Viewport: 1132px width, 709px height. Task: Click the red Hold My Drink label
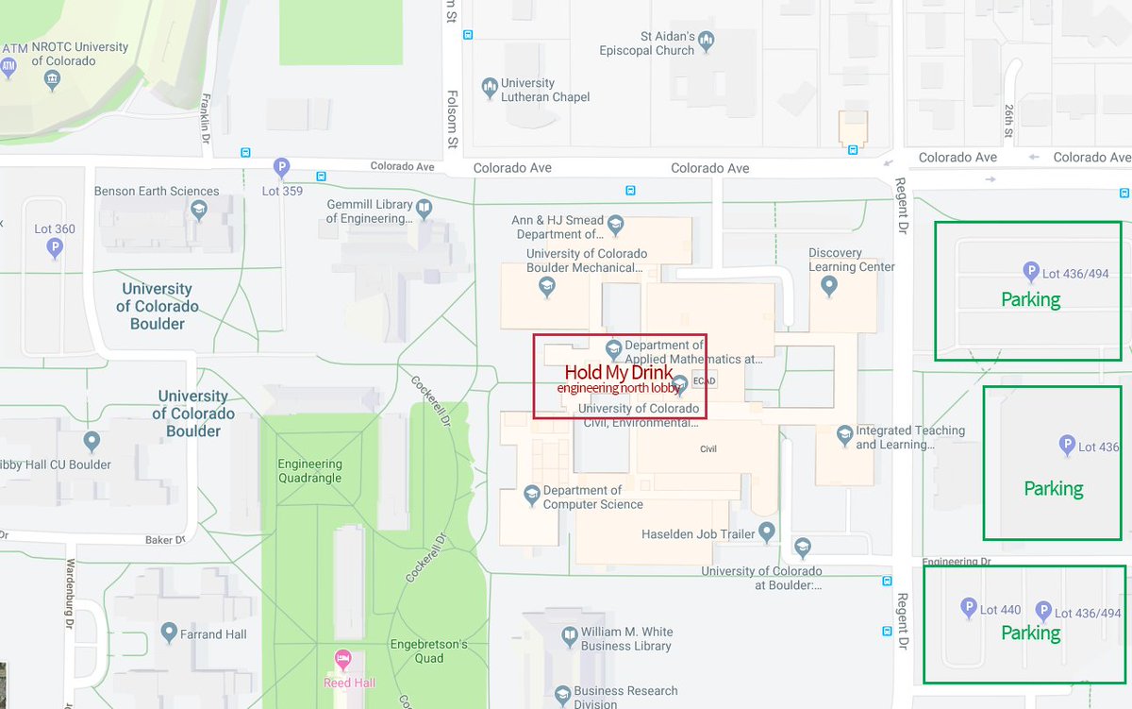pyautogui.click(x=619, y=373)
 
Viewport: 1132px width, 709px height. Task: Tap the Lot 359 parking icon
pyautogui.click(x=281, y=168)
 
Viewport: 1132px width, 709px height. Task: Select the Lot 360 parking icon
pyautogui.click(x=55, y=248)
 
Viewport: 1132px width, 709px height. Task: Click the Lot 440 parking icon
pyautogui.click(x=968, y=609)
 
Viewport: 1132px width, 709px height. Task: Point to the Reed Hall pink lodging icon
pyautogui.click(x=342, y=658)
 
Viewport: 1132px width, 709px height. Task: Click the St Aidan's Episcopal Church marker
pyautogui.click(x=707, y=42)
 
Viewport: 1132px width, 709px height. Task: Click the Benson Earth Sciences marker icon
pyautogui.click(x=198, y=210)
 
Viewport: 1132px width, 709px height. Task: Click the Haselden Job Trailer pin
pyautogui.click(x=768, y=533)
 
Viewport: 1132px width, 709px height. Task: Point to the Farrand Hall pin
pyautogui.click(x=169, y=632)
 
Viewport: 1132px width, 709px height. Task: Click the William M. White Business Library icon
pyautogui.click(x=569, y=636)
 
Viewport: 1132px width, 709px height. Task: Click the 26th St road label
pyautogui.click(x=1007, y=120)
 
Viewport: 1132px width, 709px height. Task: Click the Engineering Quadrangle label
pyautogui.click(x=309, y=471)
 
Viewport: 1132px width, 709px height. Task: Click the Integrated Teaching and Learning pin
pyautogui.click(x=844, y=435)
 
